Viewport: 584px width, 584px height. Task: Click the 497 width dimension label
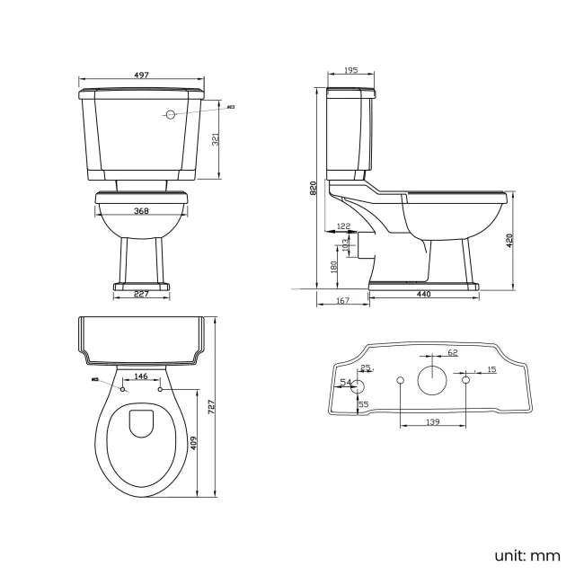[x=141, y=75]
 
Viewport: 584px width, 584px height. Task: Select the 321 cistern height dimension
[x=214, y=138]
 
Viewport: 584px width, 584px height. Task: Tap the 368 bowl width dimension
[x=142, y=211]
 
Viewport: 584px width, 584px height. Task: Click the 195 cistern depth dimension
[x=350, y=71]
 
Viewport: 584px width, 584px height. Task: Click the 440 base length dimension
[x=423, y=295]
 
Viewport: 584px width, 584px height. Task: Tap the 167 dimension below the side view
[x=342, y=301]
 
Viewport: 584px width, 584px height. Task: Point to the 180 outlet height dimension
[x=334, y=267]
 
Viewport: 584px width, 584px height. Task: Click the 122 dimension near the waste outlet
[x=343, y=226]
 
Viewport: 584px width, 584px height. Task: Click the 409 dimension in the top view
[x=193, y=443]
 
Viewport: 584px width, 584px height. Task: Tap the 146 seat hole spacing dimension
[x=141, y=376]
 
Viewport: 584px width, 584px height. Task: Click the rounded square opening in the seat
[x=141, y=424]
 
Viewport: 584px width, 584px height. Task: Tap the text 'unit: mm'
[x=526, y=555]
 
